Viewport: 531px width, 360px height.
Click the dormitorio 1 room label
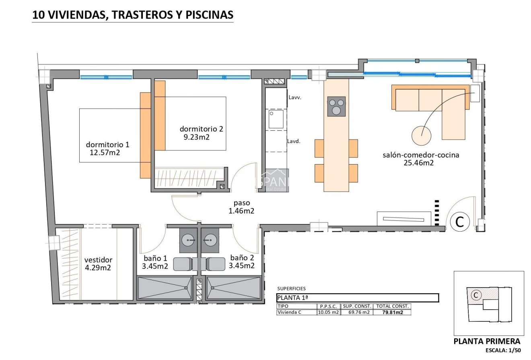coord(107,144)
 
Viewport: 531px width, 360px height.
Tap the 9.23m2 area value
coord(196,137)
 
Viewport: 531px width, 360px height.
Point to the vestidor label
coord(98,260)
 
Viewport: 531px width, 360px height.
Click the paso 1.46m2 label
coord(241,207)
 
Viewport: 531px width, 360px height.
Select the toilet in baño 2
coord(216,264)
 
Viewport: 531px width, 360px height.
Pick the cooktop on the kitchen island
coord(336,107)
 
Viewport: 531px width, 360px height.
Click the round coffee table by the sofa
coord(421,136)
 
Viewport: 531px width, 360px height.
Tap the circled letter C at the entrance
coord(459,221)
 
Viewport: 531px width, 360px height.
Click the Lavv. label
coord(295,97)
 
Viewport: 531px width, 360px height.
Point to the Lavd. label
coord(294,141)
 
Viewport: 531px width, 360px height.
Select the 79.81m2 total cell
coord(392,312)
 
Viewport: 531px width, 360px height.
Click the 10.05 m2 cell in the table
coord(328,312)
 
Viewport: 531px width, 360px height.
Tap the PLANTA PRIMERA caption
coord(486,341)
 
